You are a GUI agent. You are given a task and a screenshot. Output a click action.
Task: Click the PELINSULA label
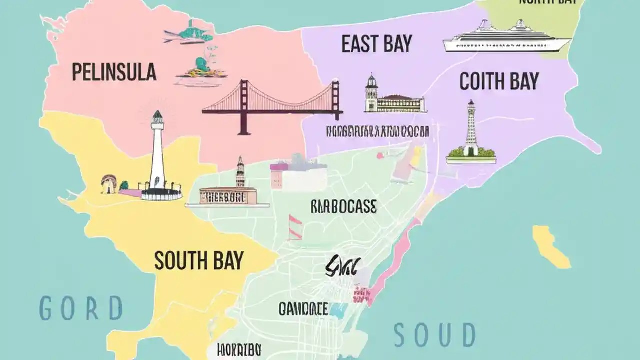pyautogui.click(x=114, y=73)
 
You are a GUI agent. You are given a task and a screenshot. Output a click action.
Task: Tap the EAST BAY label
pyautogui.click(x=377, y=44)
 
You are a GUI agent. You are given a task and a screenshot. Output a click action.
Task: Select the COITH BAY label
pyautogui.click(x=499, y=81)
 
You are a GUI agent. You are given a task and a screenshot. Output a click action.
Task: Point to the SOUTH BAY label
pyautogui.click(x=199, y=261)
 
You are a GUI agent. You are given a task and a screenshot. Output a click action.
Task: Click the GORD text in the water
pyautogui.click(x=81, y=308)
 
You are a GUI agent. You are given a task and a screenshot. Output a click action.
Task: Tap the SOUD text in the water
pyautogui.click(x=434, y=335)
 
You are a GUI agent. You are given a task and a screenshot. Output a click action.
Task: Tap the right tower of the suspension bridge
pyautogui.click(x=335, y=100)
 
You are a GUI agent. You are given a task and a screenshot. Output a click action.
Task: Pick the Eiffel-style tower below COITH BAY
pyautogui.click(x=471, y=132)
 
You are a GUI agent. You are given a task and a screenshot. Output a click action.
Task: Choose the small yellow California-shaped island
pyautogui.click(x=550, y=246)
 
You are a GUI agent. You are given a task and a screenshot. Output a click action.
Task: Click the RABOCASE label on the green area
pyautogui.click(x=344, y=207)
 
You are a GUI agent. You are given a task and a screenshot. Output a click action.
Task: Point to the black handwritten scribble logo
pyautogui.click(x=340, y=267)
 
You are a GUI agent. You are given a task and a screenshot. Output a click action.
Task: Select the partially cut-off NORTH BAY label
pyautogui.click(x=547, y=2)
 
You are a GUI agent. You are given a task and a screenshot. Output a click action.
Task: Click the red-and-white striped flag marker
pyautogui.click(x=295, y=227)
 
